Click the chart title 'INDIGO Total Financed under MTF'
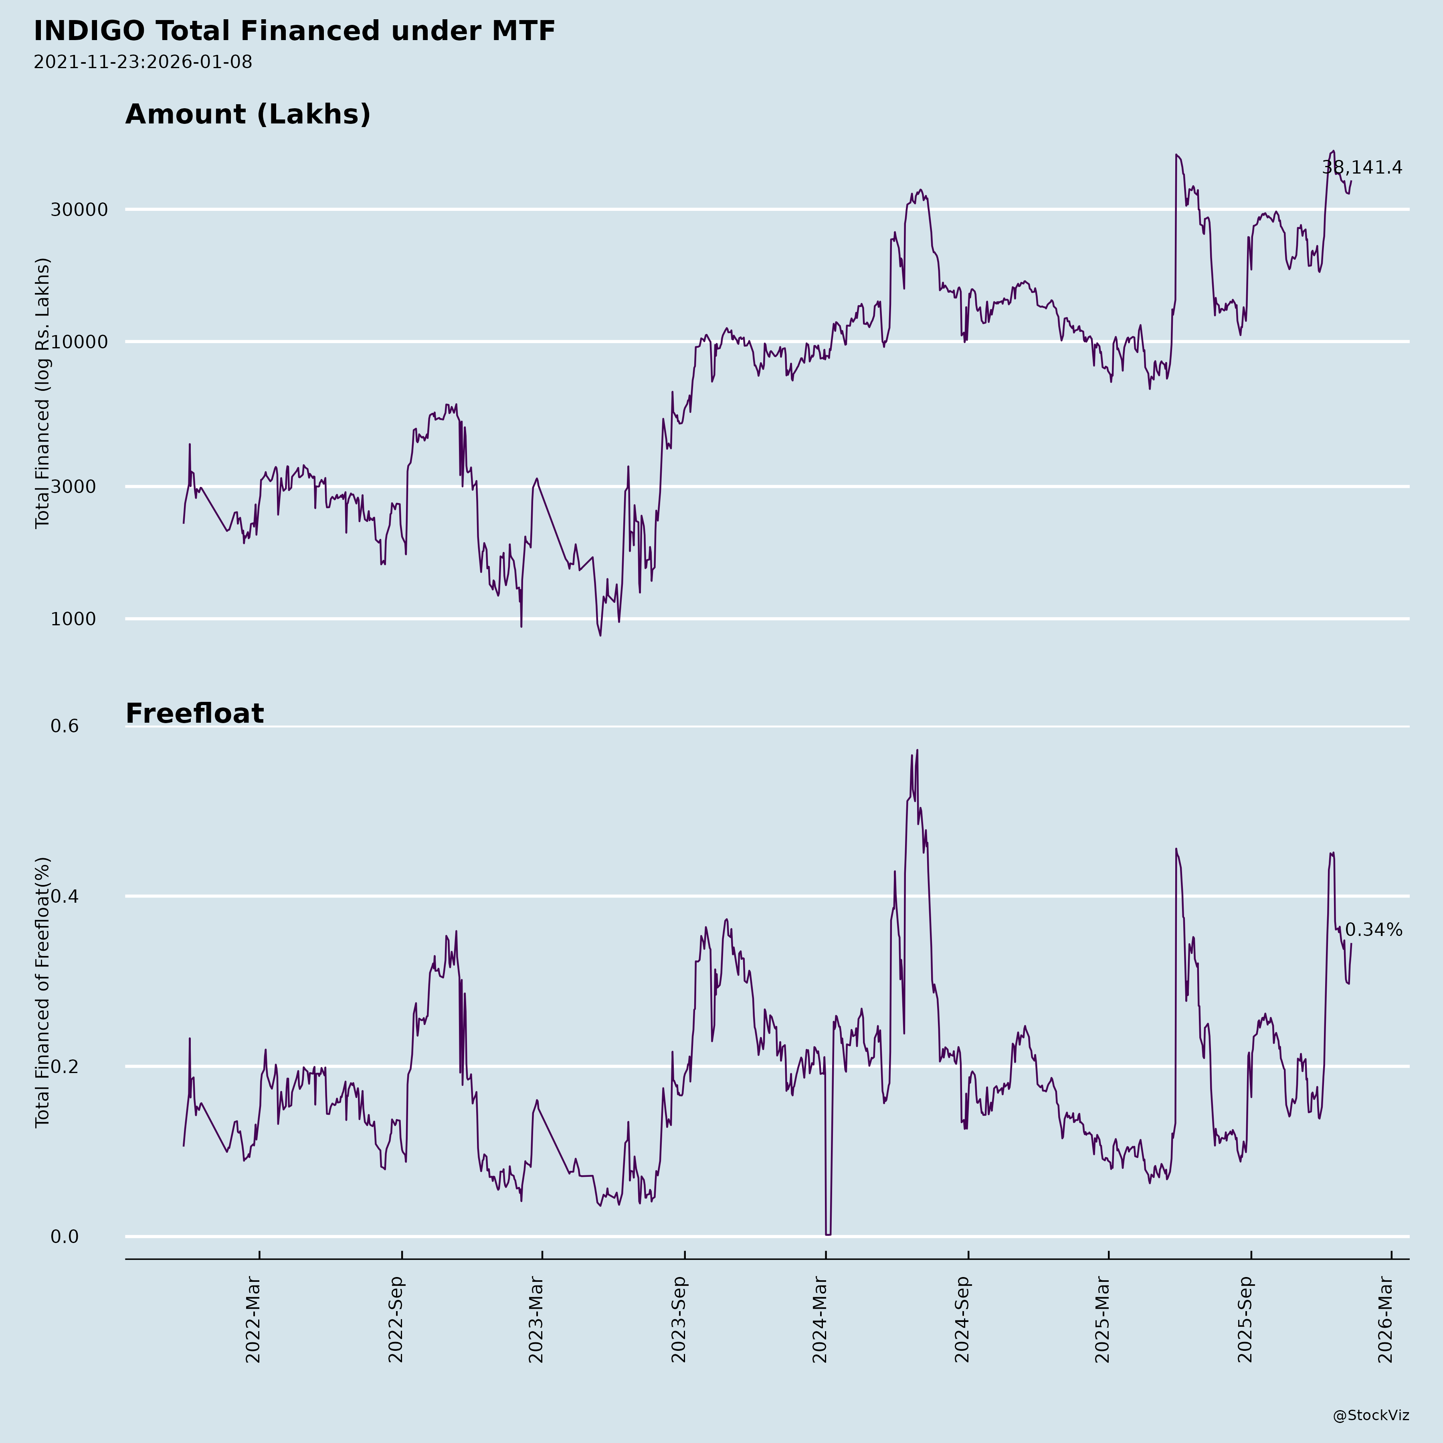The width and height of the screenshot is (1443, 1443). (294, 31)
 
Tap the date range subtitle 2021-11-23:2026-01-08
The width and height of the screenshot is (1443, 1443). (143, 62)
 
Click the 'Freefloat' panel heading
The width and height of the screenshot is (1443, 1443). (194, 713)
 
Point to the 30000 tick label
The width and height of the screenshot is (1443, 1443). (79, 210)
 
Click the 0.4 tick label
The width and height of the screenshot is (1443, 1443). (64, 896)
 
